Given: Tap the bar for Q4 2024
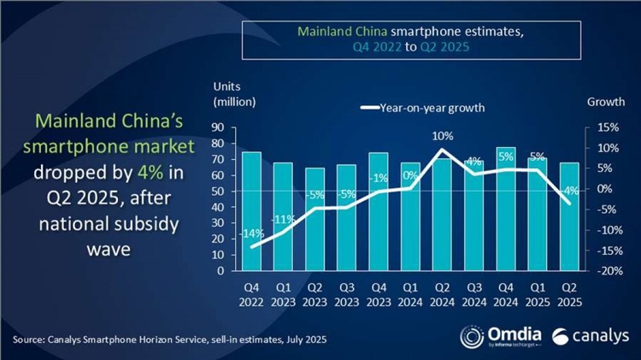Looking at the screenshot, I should click(x=505, y=209).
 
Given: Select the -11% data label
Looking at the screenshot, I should click(x=283, y=219).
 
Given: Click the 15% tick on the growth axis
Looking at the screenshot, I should click(x=597, y=127).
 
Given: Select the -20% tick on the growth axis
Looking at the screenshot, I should click(x=595, y=271).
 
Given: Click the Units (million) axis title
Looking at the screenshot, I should click(x=232, y=95).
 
